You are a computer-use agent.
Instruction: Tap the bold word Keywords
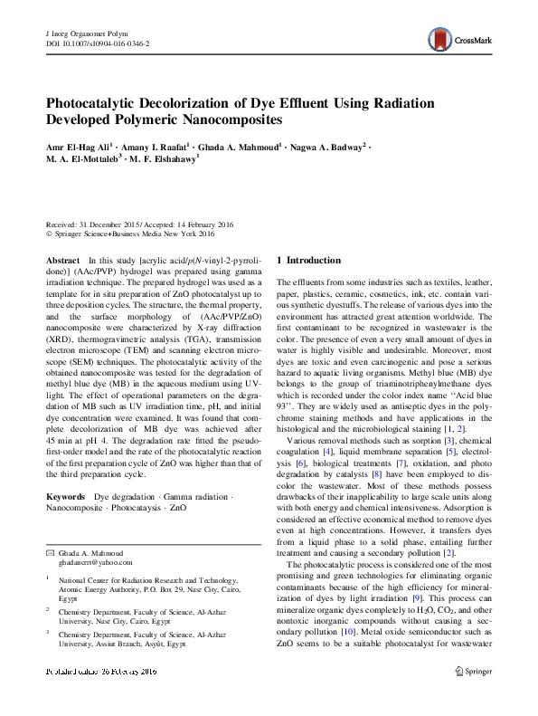[67, 498]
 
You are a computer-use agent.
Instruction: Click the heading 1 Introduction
[308, 261]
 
